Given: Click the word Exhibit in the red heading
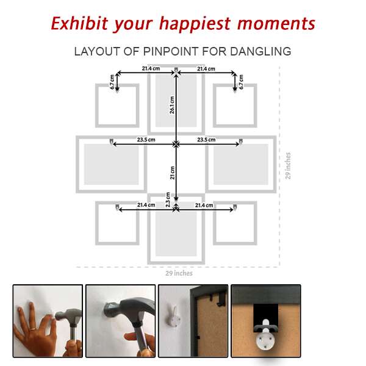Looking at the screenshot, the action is [79, 23].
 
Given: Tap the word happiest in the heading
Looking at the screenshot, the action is [195, 24].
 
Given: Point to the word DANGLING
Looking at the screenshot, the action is [260, 51].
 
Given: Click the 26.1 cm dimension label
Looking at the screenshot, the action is [172, 105].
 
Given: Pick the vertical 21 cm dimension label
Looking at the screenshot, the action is [172, 173].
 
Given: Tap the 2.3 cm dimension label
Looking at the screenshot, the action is [168, 199].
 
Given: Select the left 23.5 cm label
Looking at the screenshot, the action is [146, 140].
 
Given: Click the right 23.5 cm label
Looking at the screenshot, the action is [206, 140].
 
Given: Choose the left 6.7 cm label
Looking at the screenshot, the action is [112, 82].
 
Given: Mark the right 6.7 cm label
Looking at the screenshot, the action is [241, 82].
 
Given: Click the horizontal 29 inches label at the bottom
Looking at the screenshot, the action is [179, 273].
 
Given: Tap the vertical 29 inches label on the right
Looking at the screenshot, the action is [288, 166].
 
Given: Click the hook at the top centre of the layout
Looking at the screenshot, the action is [176, 70].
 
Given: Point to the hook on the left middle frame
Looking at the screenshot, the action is [112, 142].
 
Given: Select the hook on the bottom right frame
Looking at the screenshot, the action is [235, 207].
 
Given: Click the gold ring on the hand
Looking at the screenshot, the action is [34, 329].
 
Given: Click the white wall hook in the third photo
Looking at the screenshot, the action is [174, 317].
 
